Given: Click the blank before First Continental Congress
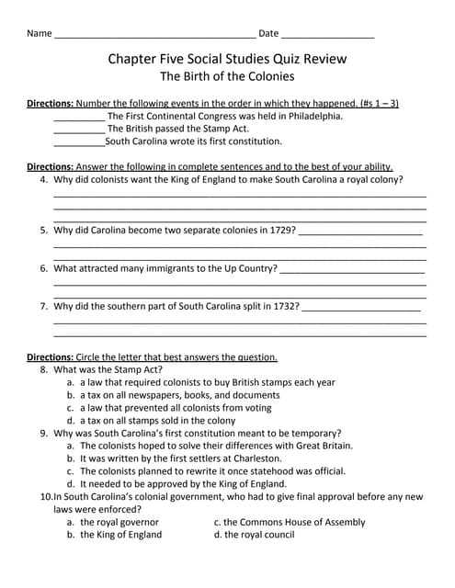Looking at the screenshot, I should tap(79, 118).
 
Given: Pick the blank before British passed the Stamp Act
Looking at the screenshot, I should tap(79, 130).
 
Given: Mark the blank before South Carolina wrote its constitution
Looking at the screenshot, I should tap(79, 143).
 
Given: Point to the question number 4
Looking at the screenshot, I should tap(44, 180).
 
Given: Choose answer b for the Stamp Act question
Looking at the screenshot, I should tap(180, 395).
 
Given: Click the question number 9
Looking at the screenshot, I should tap(44, 433).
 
